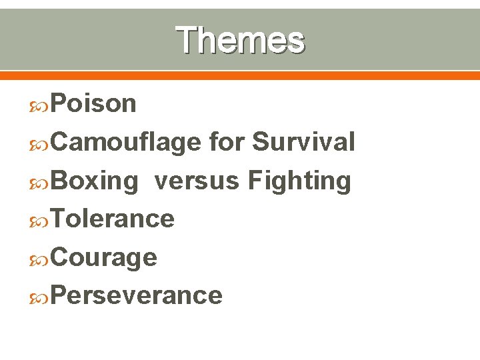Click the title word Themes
pos(240,39)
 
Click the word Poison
pos(93,103)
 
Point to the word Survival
pos(303,142)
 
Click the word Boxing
pos(93,181)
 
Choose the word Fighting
pos(299,181)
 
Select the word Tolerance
pos(112,219)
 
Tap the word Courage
pos(103,257)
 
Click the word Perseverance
pos(136,295)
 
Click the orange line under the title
pos(240,75)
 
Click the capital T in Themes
pos(187,39)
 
